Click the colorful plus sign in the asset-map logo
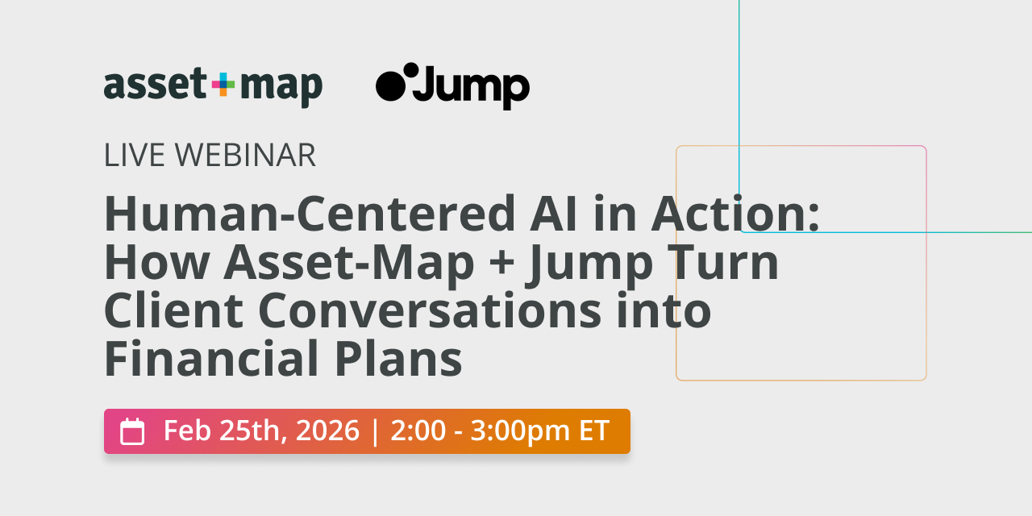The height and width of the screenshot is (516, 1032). (x=223, y=85)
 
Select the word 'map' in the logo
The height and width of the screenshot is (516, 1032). (x=281, y=86)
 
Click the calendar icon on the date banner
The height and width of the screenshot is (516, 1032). (x=132, y=431)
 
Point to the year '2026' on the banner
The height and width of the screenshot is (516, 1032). (x=327, y=431)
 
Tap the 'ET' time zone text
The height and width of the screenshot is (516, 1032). (x=593, y=431)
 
